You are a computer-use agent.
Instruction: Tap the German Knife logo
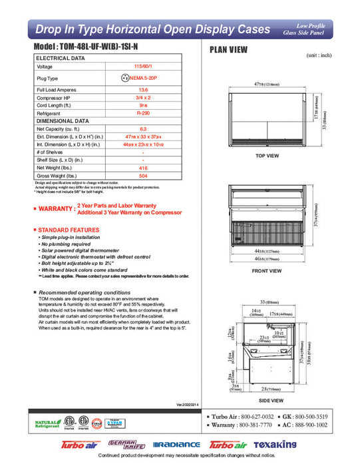pos(121,444)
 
